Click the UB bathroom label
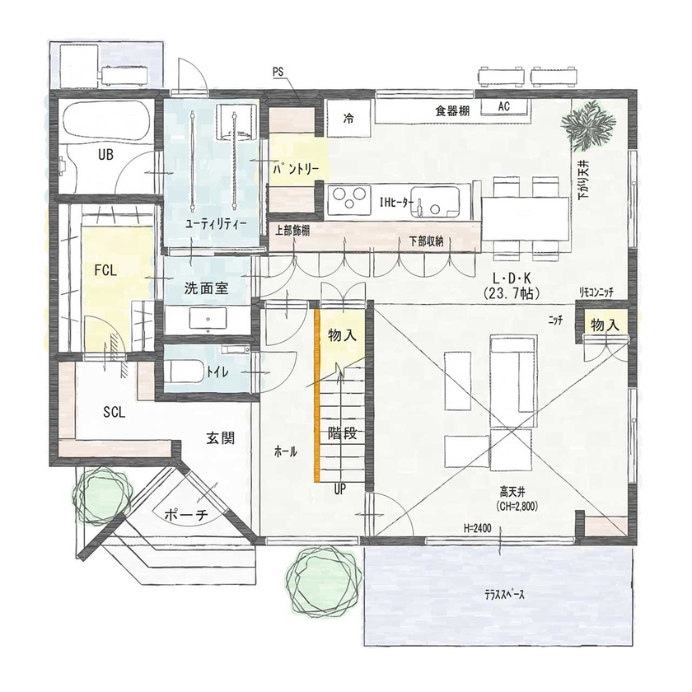coord(105,154)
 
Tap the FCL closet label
coord(105,269)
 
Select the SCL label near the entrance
coord(114,413)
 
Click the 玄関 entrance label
coord(220,439)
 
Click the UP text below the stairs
coord(339,489)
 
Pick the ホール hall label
coord(285,452)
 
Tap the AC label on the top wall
coord(505,107)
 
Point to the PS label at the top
coord(278,73)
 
